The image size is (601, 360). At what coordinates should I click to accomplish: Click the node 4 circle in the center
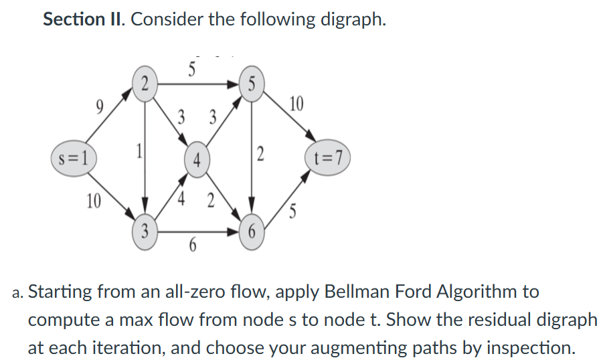[x=197, y=161]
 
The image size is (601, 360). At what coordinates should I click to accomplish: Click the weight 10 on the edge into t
[x=296, y=104]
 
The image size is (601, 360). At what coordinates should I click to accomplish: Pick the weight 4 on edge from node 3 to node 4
[x=181, y=199]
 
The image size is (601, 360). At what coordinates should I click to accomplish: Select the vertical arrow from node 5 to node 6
[x=251, y=157]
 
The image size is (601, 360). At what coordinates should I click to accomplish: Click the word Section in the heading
[x=72, y=19]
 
